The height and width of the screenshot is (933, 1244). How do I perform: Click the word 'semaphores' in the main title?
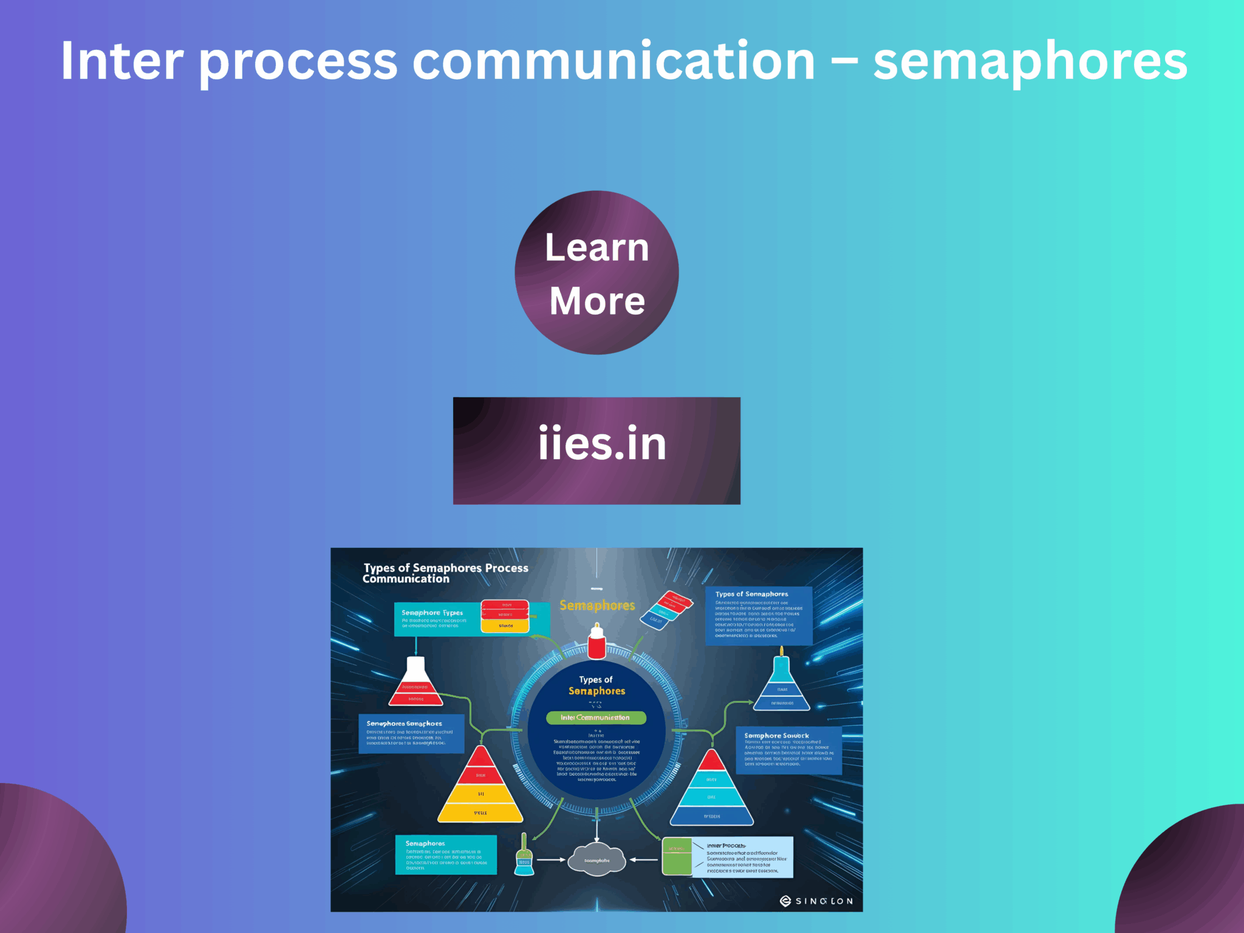click(x=1030, y=61)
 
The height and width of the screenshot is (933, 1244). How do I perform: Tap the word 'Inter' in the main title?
click(x=121, y=61)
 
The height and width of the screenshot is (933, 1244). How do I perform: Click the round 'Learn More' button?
click(x=596, y=273)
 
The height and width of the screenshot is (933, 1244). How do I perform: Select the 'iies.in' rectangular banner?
click(x=596, y=451)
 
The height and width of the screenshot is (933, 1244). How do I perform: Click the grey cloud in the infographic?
click(x=596, y=859)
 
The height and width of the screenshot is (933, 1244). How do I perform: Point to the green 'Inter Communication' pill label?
click(x=595, y=717)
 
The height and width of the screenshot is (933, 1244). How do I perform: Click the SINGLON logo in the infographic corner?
click(x=816, y=901)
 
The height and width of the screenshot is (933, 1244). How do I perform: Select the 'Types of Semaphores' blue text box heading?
click(x=751, y=594)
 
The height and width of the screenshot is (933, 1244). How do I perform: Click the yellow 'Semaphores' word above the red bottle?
click(x=596, y=606)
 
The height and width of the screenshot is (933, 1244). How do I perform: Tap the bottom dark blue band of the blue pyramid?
click(x=712, y=816)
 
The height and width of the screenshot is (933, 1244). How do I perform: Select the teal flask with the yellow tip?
click(x=782, y=683)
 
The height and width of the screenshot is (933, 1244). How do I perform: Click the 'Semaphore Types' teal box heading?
click(x=432, y=613)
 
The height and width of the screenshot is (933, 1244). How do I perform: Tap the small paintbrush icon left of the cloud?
click(x=524, y=855)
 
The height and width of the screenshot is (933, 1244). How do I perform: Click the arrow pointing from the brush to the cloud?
click(x=551, y=860)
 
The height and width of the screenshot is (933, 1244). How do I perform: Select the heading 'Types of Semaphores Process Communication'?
click(x=445, y=573)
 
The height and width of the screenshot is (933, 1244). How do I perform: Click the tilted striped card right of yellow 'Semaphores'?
click(x=666, y=610)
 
